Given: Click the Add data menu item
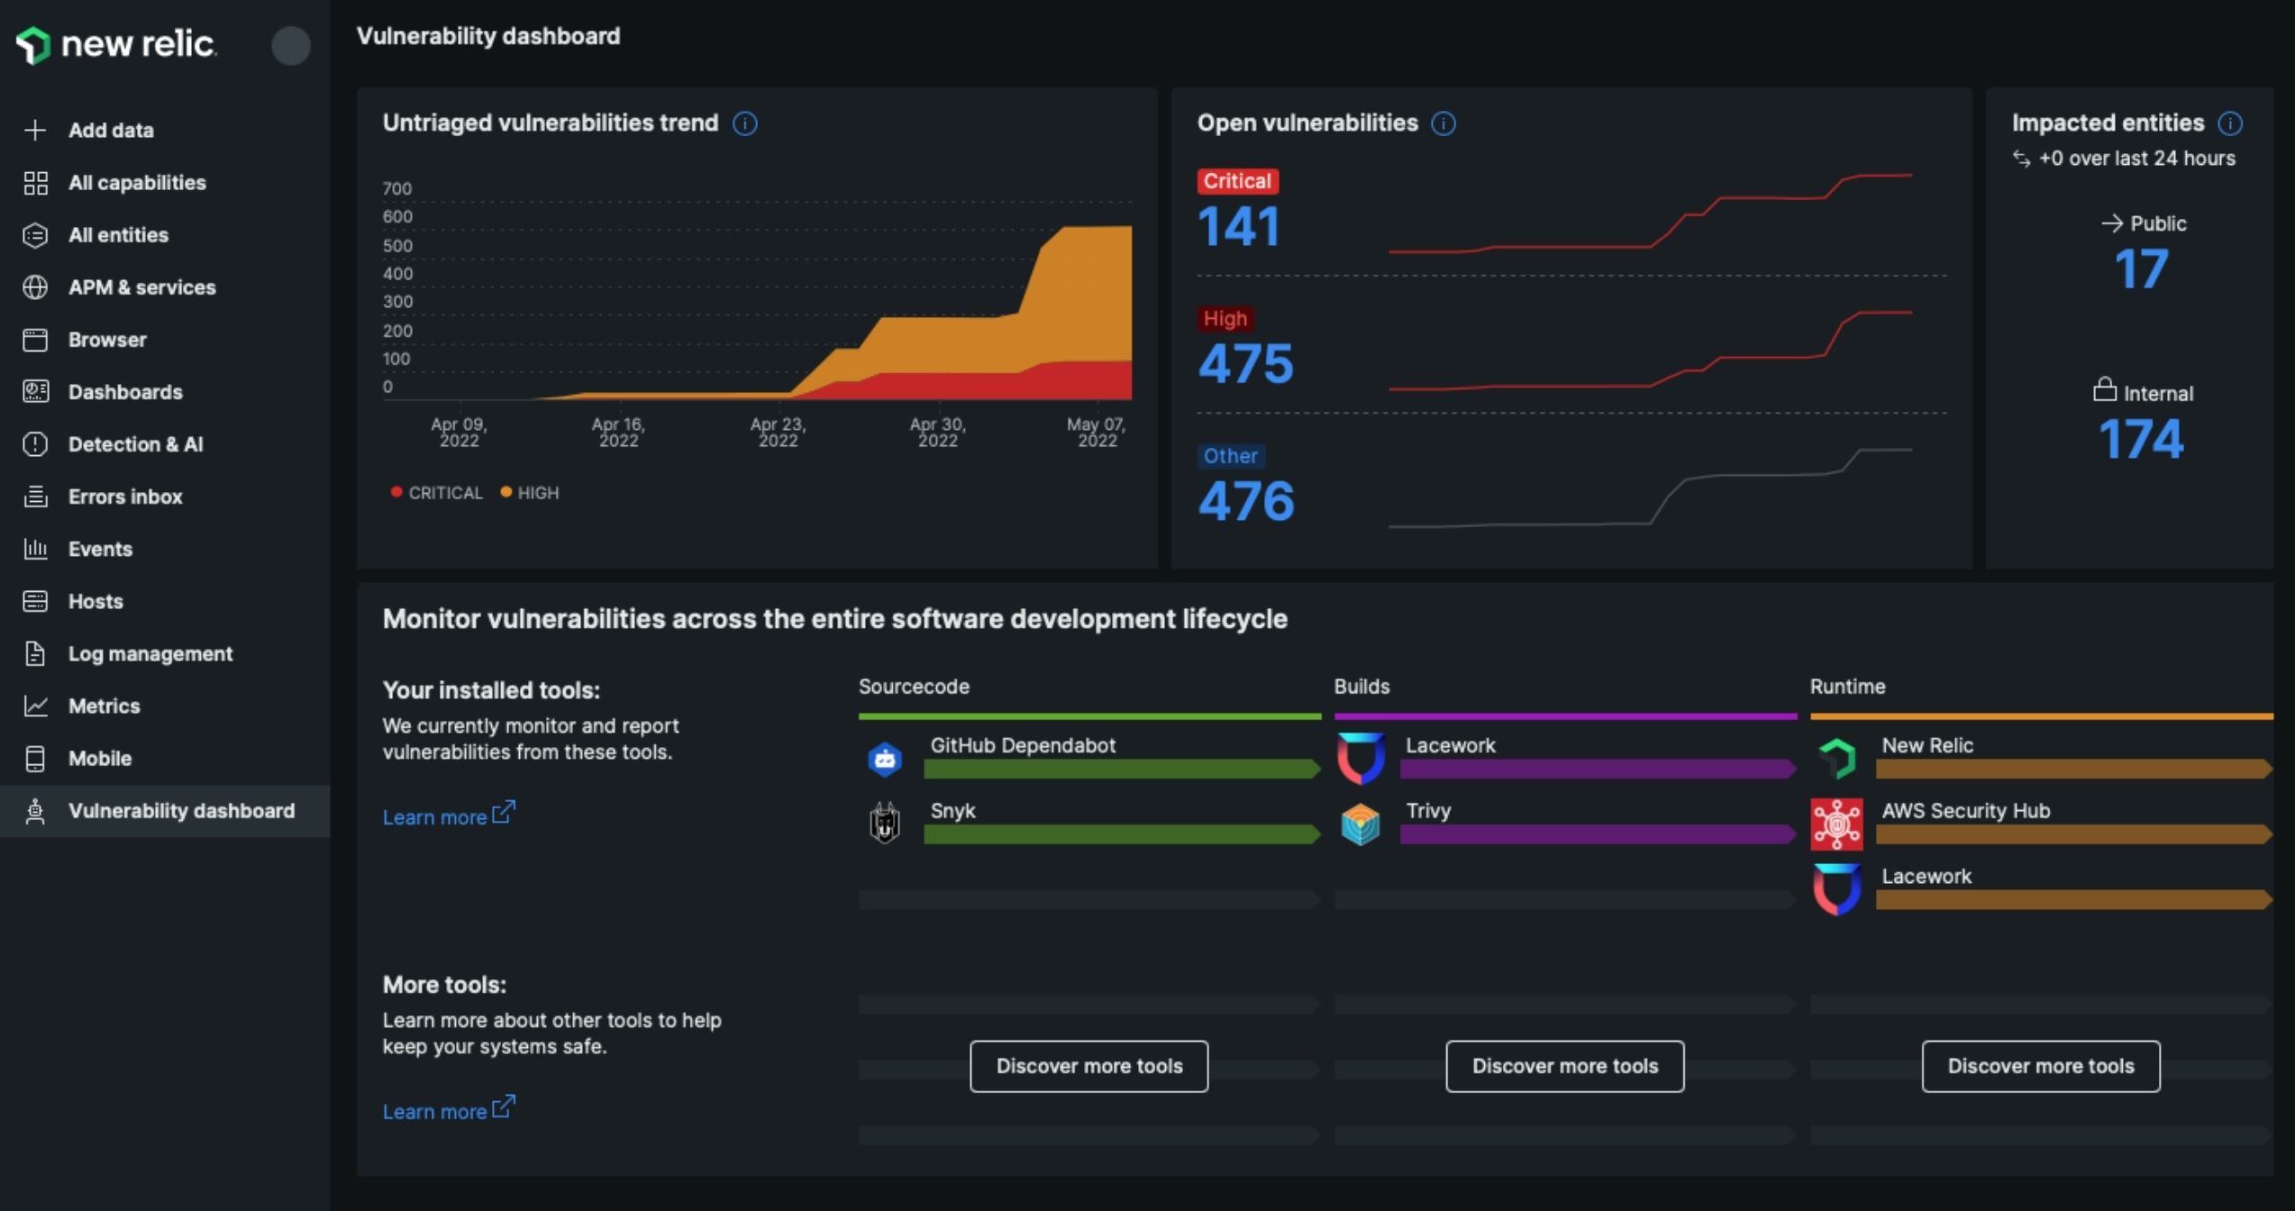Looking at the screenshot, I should pos(110,130).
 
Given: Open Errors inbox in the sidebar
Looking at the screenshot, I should pos(124,496).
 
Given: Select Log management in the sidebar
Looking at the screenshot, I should pos(150,653).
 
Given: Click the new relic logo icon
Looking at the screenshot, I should pos(33,44).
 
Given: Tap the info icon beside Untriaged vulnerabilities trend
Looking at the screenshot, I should pos(745,123).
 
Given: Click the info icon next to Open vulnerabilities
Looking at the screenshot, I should pos(1443,123).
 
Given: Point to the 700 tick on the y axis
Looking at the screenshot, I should pos(396,188).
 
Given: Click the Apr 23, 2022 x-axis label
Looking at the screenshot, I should pos(778,432).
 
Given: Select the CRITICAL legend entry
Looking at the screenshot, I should pos(437,493).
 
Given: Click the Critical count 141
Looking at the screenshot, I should pos(1238,226).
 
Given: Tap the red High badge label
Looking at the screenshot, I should pos(1225,319).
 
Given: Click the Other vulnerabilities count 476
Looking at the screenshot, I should pos(1245,501).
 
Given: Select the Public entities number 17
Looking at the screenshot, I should pos(2141,269).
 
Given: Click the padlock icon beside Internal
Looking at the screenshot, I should pos(2104,390).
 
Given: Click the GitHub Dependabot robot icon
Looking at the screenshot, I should pos(885,760).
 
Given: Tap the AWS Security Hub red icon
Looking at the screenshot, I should pos(1836,824).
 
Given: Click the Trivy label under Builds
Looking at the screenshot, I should pos(1428,811).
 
